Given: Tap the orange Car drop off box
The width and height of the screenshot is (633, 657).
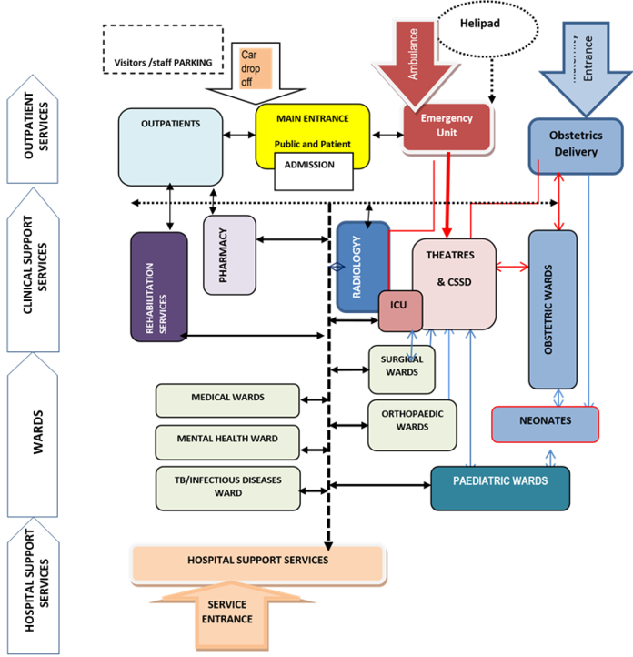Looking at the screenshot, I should [255, 69].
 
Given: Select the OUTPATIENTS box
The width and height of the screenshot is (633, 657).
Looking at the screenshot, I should [171, 147].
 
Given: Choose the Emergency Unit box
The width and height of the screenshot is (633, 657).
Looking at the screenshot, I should [447, 126].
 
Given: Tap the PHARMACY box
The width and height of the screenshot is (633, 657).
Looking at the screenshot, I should [229, 255].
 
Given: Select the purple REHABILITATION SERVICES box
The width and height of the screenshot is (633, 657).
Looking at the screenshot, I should [158, 287].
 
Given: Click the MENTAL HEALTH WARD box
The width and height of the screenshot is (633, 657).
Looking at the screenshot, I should [227, 439].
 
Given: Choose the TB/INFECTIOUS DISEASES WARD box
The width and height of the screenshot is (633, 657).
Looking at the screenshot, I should [227, 487].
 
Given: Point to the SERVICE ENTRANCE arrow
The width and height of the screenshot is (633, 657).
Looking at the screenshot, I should [227, 612].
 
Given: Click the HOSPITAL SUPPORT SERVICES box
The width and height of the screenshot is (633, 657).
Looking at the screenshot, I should [257, 561].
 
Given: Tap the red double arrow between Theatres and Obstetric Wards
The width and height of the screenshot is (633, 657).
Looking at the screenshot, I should [513, 267].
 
